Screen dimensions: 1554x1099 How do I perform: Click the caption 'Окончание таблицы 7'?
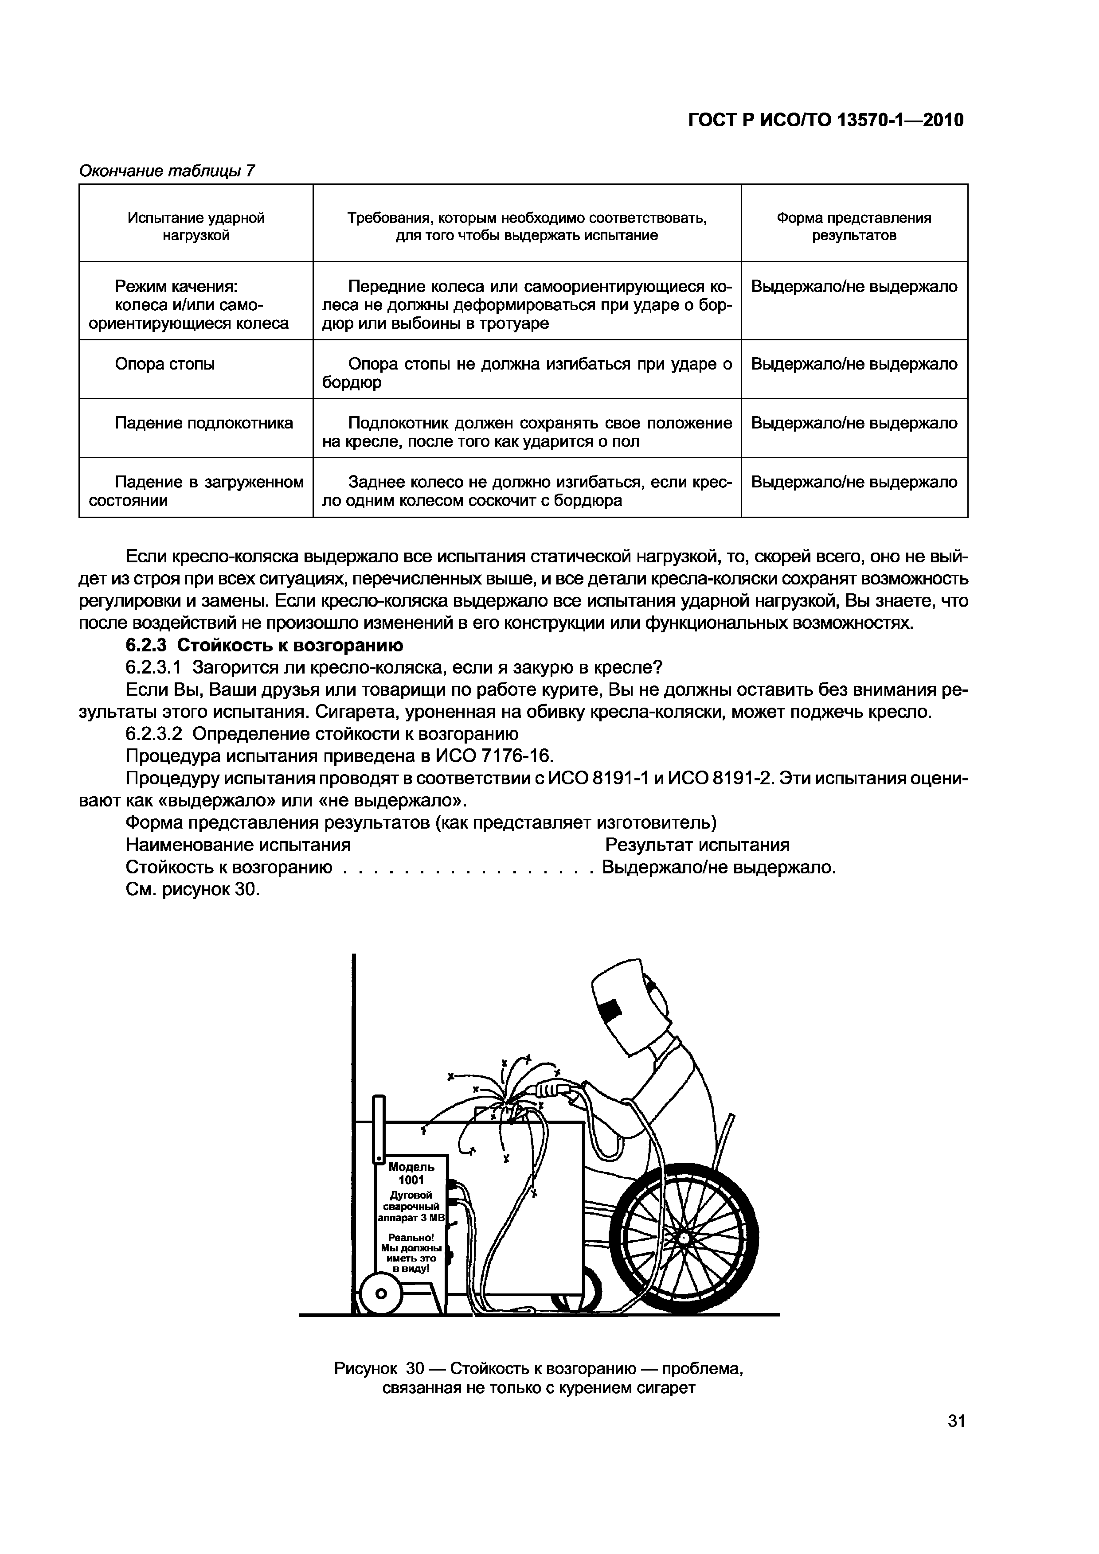coord(167,171)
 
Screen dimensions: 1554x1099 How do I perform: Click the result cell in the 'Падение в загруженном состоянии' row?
coord(854,482)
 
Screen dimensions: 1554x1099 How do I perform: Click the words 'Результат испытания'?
coord(697,845)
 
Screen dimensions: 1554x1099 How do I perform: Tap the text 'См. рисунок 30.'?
coord(193,889)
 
